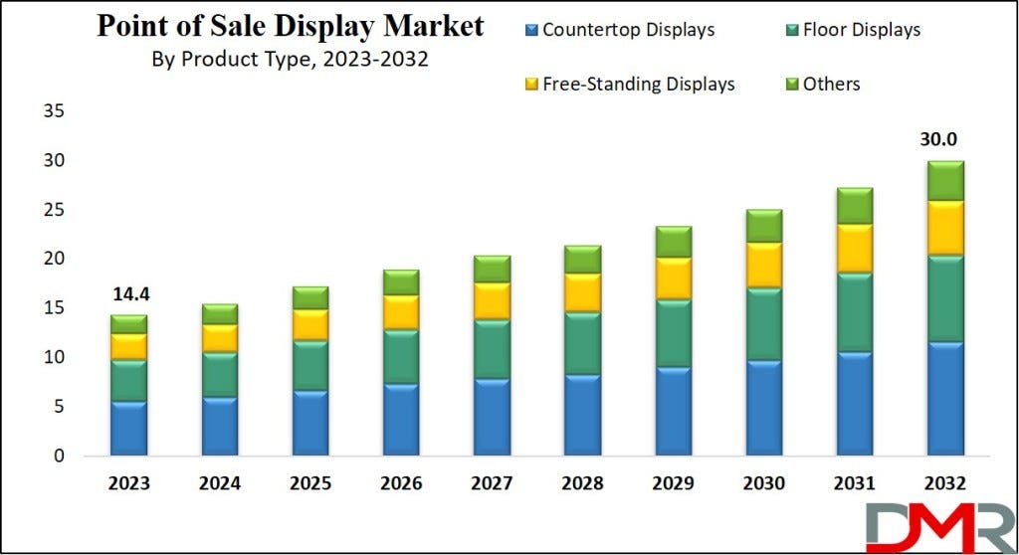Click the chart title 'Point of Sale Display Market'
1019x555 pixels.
coord(291,26)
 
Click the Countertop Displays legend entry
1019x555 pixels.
coord(618,30)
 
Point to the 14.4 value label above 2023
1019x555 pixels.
coord(129,295)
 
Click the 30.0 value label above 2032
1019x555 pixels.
coord(945,141)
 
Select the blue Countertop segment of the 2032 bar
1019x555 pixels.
coord(945,399)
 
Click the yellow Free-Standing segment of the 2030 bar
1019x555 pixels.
coord(764,265)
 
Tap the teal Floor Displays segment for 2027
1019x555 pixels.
coord(492,349)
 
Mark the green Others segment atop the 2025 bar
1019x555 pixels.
coord(310,297)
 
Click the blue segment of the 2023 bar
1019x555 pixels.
coord(129,428)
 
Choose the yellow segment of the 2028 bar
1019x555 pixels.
coord(583,292)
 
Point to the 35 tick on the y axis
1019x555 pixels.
coord(54,111)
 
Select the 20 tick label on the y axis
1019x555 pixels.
coord(54,259)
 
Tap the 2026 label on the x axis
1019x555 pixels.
coord(401,484)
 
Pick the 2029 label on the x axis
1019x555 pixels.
coord(674,484)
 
